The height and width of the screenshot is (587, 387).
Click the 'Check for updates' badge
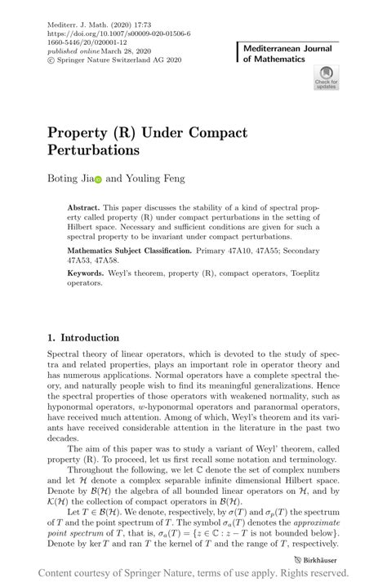(326, 78)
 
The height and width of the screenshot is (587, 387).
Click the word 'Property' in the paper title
(82, 133)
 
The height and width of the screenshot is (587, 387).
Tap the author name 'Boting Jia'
(69, 178)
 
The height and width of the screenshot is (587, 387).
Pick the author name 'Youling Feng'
(155, 178)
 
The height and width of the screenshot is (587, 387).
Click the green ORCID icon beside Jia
(98, 179)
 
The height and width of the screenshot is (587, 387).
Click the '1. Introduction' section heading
(84, 337)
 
